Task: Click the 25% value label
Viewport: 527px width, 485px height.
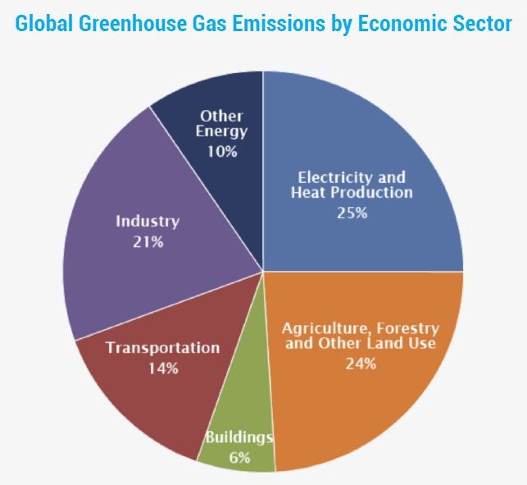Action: pyautogui.click(x=352, y=213)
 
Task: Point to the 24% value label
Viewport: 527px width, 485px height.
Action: pyautogui.click(x=361, y=362)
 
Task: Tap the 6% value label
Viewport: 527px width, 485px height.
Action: pyautogui.click(x=239, y=457)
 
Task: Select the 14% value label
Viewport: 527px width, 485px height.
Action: pyautogui.click(x=163, y=368)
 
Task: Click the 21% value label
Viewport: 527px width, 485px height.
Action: pyautogui.click(x=148, y=242)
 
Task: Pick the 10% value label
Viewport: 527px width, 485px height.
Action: pyautogui.click(x=222, y=151)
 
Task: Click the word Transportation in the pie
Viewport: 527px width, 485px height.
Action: pyautogui.click(x=162, y=347)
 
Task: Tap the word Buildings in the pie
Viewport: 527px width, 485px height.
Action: pyautogui.click(x=239, y=437)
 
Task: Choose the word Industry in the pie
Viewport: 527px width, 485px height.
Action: pyautogui.click(x=148, y=222)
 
